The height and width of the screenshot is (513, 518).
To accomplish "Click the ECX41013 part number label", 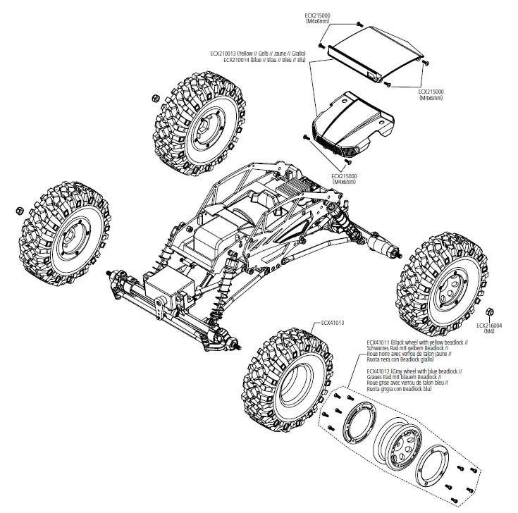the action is click(333, 323).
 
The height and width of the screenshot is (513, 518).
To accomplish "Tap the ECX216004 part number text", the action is click(489, 326).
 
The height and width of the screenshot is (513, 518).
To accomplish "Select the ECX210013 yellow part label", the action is click(258, 53).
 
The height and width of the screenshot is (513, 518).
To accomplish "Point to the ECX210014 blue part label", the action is click(264, 60).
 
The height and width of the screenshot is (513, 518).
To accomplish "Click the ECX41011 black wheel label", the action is click(417, 351).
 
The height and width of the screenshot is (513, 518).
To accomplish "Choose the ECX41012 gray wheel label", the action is click(414, 380).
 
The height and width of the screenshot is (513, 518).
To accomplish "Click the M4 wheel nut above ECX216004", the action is click(490, 312).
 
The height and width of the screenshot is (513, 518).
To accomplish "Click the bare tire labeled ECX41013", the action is click(287, 381).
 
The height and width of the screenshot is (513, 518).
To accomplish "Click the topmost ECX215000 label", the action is click(317, 18).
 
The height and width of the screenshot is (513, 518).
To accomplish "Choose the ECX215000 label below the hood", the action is click(344, 179).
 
